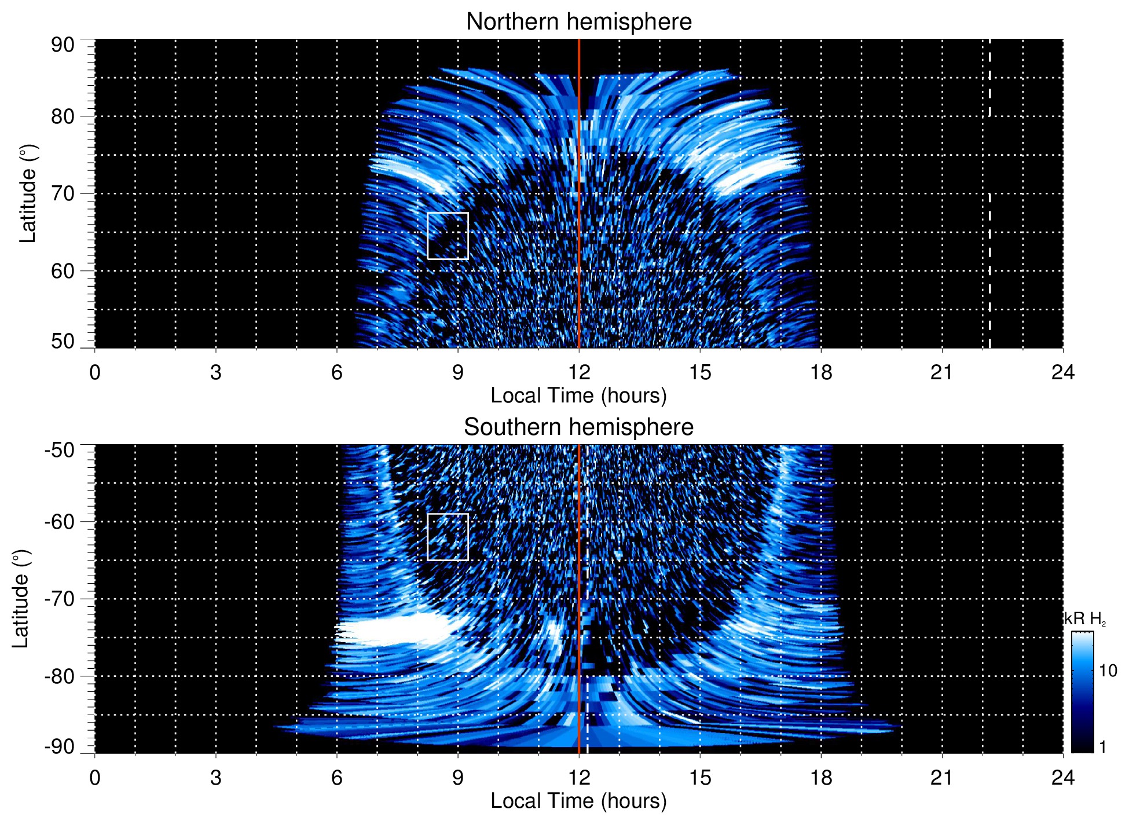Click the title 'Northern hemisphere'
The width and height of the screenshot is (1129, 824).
click(x=578, y=22)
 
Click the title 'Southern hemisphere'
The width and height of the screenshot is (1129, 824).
click(x=578, y=427)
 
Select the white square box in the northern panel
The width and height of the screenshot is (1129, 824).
click(x=448, y=236)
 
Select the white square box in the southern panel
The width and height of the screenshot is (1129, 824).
click(x=448, y=537)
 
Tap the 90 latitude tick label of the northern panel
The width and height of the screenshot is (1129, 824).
click(x=63, y=45)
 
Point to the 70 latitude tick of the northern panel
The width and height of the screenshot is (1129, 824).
click(x=63, y=193)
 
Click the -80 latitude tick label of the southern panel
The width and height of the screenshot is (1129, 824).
click(x=59, y=676)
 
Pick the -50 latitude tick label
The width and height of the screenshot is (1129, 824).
click(x=59, y=450)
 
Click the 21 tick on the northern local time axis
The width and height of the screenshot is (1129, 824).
click(x=941, y=372)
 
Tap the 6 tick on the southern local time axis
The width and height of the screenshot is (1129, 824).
click(x=337, y=777)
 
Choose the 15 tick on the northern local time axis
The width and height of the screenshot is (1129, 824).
click(x=699, y=372)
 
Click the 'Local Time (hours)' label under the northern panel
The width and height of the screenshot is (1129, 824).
click(x=578, y=395)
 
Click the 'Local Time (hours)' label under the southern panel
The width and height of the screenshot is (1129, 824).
click(x=578, y=801)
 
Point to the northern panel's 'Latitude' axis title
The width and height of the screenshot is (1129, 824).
click(x=27, y=193)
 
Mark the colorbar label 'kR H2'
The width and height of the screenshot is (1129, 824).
click(x=1084, y=619)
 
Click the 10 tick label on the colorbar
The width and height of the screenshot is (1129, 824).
click(x=1108, y=671)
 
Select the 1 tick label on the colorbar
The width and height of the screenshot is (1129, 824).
click(x=1102, y=747)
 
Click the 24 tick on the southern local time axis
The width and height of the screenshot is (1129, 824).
click(x=1062, y=777)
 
